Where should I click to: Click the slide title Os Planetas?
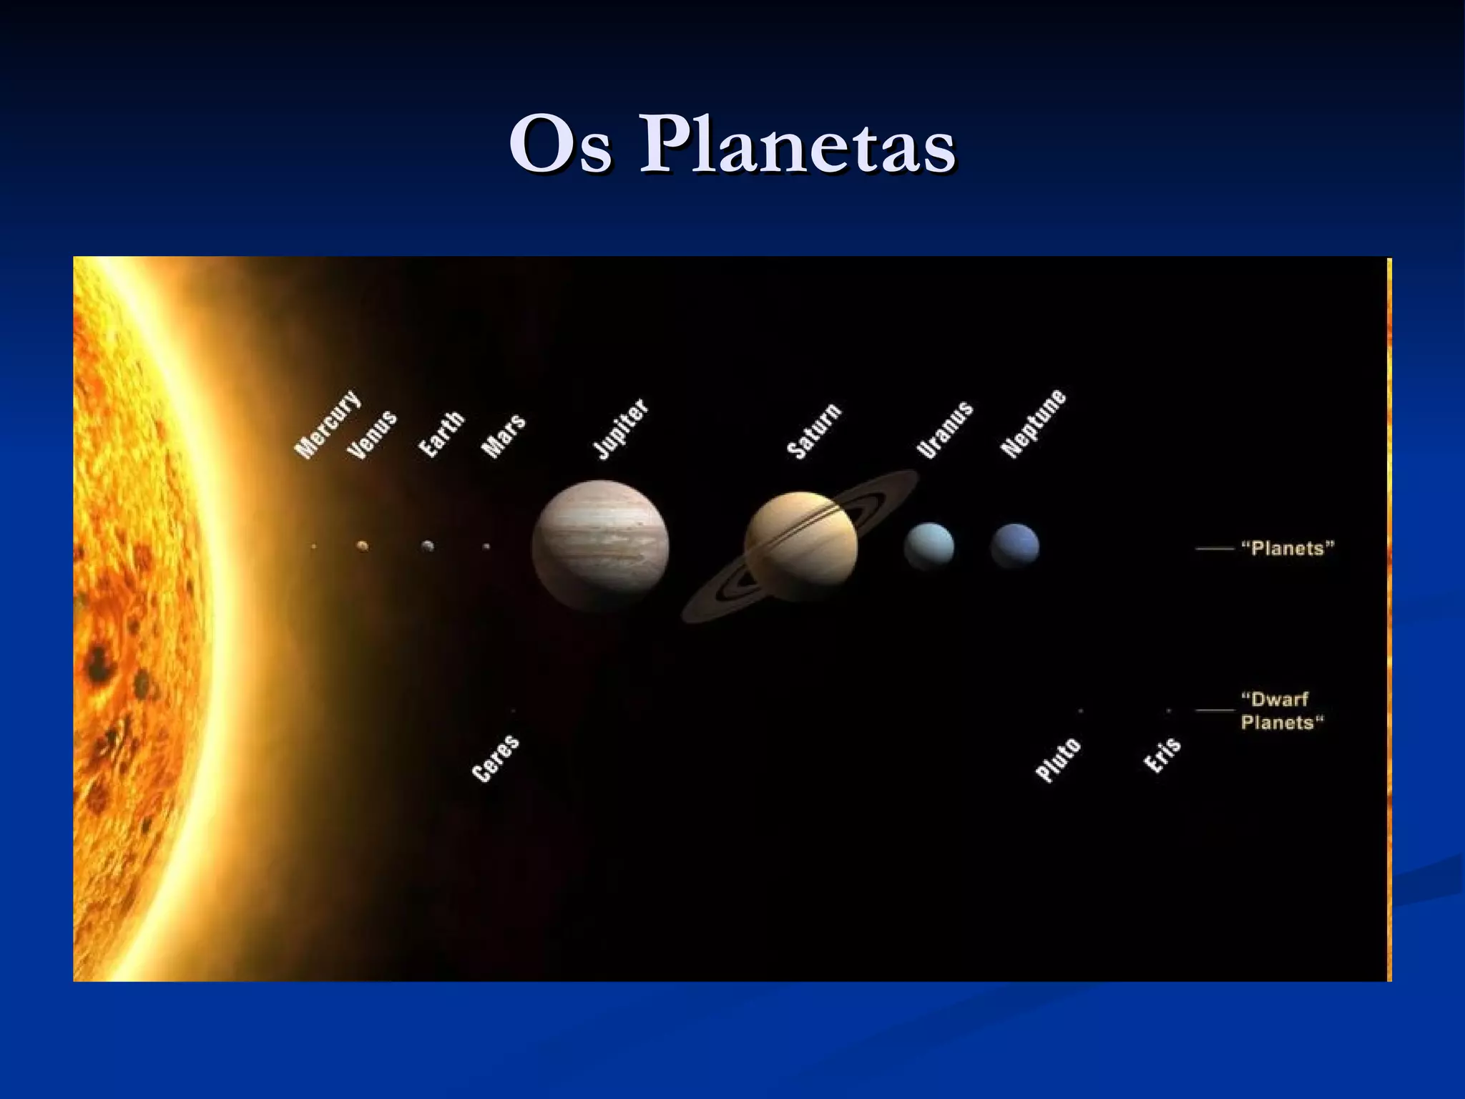[732, 145]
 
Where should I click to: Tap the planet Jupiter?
[600, 547]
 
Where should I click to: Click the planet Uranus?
[929, 547]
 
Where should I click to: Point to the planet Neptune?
[1014, 547]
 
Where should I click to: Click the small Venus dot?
[363, 546]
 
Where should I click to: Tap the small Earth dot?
[428, 546]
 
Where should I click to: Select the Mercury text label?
[328, 424]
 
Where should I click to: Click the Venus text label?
[371, 435]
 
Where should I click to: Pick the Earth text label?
[441, 434]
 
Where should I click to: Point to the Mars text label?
[504, 436]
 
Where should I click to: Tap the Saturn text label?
[814, 431]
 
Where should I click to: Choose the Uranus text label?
[945, 430]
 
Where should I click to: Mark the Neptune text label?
[1033, 424]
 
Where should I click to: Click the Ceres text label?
[496, 758]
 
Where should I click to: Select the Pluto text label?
[1058, 760]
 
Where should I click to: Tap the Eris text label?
[1162, 756]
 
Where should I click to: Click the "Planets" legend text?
[1288, 549]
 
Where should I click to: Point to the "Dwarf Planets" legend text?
[1282, 710]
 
